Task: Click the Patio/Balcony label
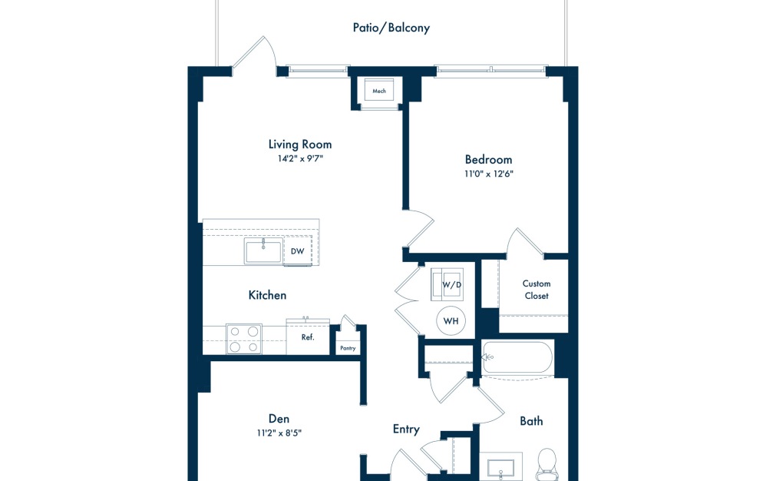[391, 28]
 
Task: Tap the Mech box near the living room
[379, 91]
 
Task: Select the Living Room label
[300, 144]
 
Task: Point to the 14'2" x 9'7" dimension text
[300, 159]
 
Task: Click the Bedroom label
[488, 159]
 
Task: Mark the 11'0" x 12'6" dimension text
[488, 174]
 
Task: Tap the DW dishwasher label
[297, 251]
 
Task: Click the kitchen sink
[262, 251]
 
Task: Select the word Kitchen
[267, 295]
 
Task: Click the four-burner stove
[244, 339]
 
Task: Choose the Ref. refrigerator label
[308, 337]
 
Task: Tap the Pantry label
[348, 348]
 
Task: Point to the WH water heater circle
[450, 320]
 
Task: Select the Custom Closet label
[537, 290]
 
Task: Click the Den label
[279, 418]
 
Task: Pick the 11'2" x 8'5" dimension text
[279, 433]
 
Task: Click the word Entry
[406, 429]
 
